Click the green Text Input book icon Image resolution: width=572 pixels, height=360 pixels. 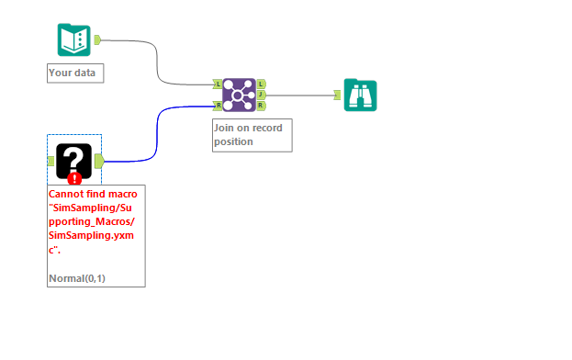tap(73, 40)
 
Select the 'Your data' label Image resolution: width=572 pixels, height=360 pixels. tap(75, 73)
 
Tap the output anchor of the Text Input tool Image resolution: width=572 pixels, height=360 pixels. tap(97, 39)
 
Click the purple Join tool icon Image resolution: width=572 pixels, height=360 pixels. tap(240, 95)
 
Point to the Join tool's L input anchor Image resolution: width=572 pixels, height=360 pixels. tap(219, 84)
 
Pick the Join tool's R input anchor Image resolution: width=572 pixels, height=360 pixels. tap(219, 105)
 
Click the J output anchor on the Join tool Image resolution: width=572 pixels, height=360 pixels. tap(262, 95)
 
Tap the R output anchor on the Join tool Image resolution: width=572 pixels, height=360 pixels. tap(262, 105)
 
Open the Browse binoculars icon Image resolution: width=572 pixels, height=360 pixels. tap(360, 95)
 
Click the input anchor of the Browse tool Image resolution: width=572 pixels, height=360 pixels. tap(338, 95)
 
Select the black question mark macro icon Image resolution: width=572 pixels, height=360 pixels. tap(73, 161)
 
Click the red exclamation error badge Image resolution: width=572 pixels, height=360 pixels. tap(74, 179)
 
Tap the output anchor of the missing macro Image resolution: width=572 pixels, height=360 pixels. tap(98, 161)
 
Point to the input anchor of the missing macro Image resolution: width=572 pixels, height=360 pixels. tap(50, 161)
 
